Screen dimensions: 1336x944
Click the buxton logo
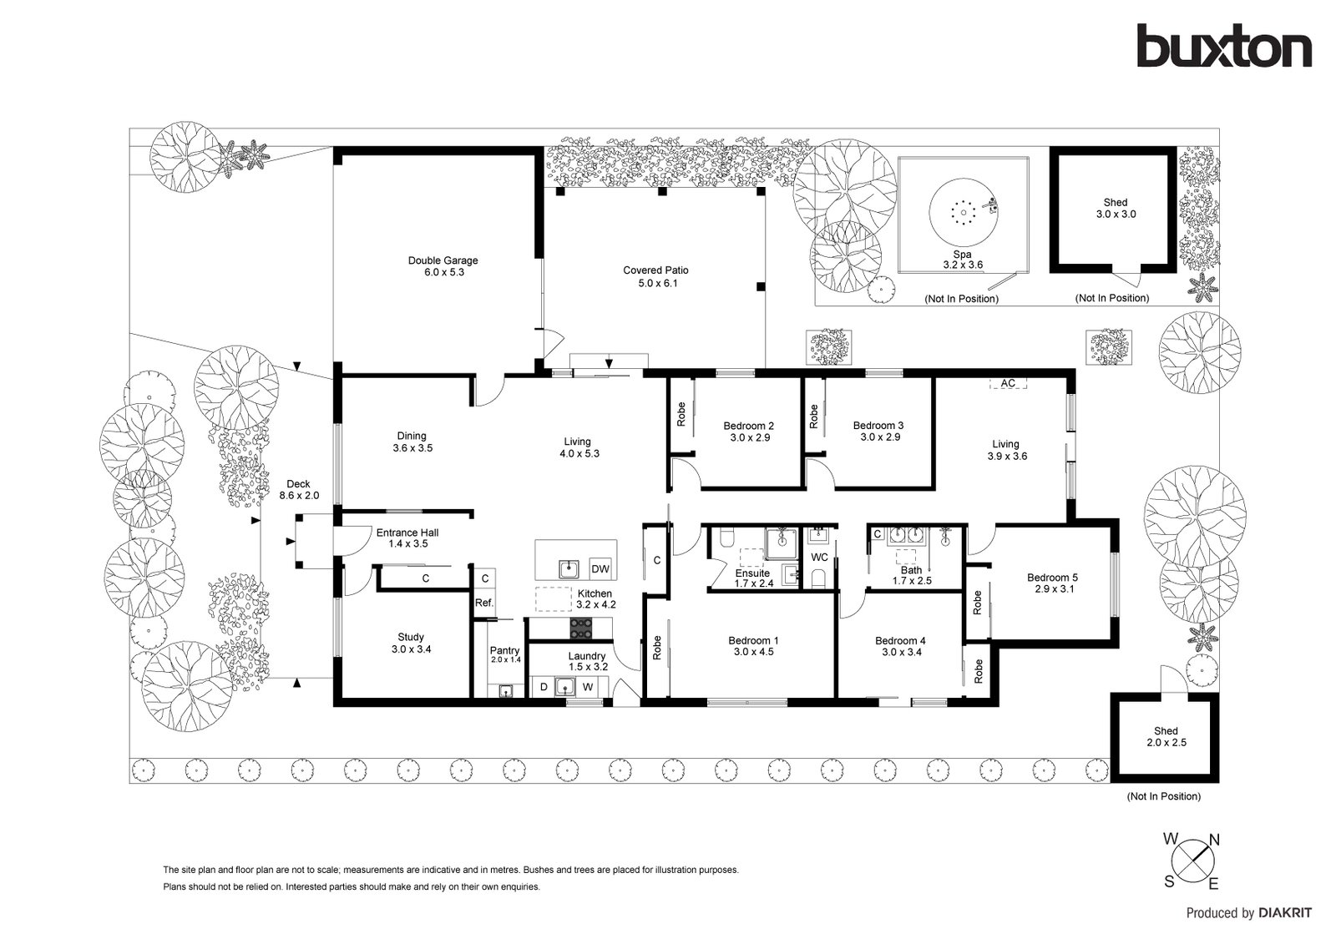(1224, 46)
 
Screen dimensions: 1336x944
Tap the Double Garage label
(443, 260)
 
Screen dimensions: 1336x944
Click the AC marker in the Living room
(1008, 383)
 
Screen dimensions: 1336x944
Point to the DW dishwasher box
(600, 569)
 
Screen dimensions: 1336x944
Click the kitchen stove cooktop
(581, 628)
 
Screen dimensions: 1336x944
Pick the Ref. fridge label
(484, 603)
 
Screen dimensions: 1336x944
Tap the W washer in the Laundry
(588, 687)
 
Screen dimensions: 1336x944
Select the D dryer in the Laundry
(544, 687)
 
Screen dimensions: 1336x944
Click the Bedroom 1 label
(753, 640)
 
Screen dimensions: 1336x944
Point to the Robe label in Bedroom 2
(681, 414)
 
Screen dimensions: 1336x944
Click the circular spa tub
(964, 212)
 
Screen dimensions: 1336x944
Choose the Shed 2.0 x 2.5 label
(1166, 736)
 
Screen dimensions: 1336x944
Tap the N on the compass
(1214, 840)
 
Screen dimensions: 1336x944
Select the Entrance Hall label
(407, 533)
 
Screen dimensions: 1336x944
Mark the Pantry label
(504, 650)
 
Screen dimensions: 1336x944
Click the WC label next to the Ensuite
(819, 557)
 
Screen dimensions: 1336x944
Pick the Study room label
(411, 637)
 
